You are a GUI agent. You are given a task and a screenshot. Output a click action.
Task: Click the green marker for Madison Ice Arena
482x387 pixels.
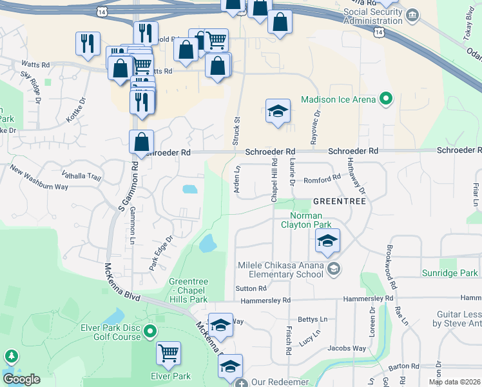[386, 99]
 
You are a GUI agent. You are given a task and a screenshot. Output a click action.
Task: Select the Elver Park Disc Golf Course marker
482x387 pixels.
[150, 332]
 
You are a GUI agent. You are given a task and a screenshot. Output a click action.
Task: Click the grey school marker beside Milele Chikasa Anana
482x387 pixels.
[333, 268]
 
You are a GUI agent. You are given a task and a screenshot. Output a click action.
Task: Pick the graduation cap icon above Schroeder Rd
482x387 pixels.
[278, 111]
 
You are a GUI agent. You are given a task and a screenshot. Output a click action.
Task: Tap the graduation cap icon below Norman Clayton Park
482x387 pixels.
[327, 241]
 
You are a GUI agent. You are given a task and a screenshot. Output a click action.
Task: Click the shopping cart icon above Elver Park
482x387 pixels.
[168, 352]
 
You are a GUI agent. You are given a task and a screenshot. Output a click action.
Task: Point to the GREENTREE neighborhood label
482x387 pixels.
[340, 202]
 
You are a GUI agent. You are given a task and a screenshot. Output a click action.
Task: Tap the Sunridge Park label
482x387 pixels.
[452, 273]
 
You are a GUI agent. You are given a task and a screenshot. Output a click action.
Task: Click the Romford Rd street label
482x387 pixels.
[322, 178]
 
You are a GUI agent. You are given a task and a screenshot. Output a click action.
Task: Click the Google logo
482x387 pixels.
[21, 379]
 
